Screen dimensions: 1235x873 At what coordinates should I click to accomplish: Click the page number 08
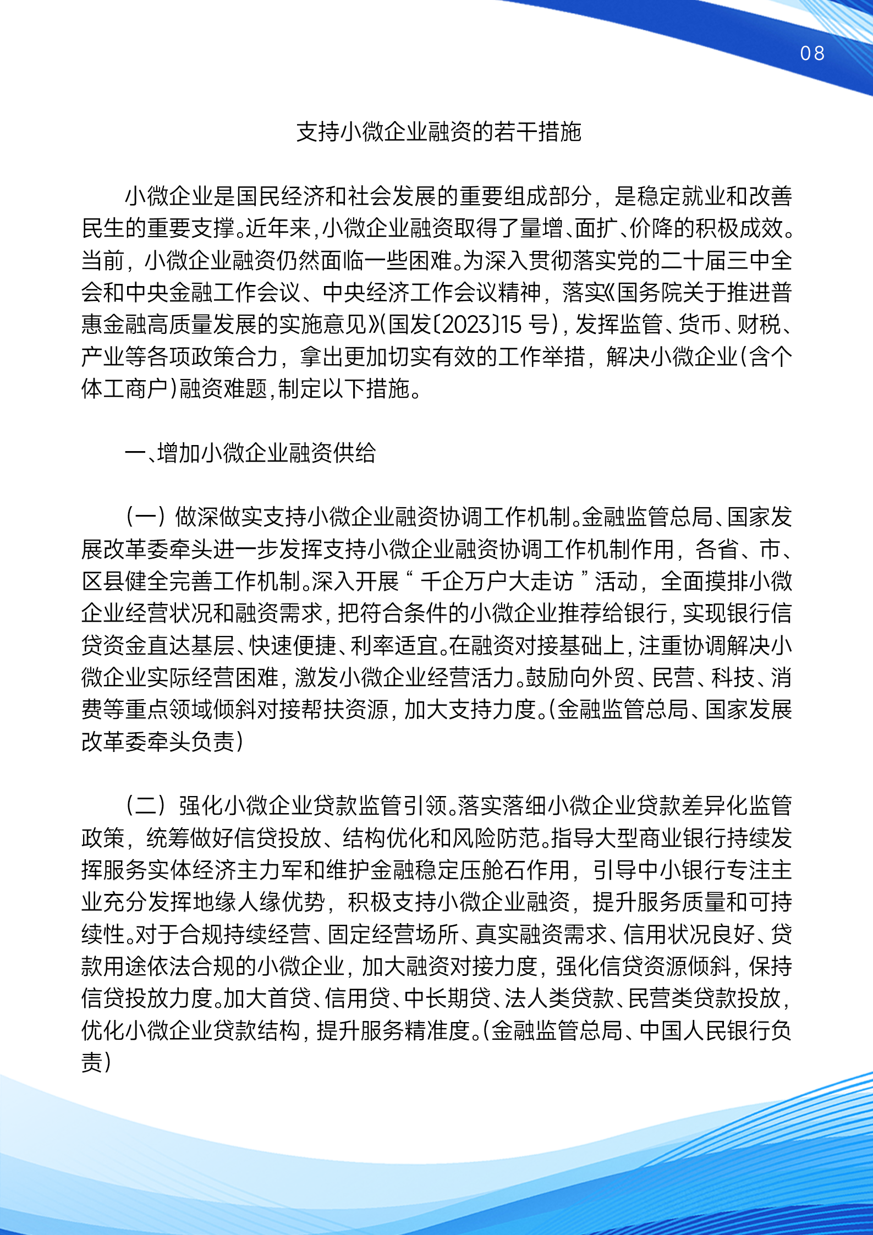click(812, 53)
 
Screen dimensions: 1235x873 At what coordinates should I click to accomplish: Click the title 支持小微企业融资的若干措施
click(438, 132)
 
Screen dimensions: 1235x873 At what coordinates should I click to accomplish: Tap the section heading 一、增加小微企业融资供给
click(250, 453)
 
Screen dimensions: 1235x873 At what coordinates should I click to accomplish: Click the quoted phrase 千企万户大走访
click(497, 581)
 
